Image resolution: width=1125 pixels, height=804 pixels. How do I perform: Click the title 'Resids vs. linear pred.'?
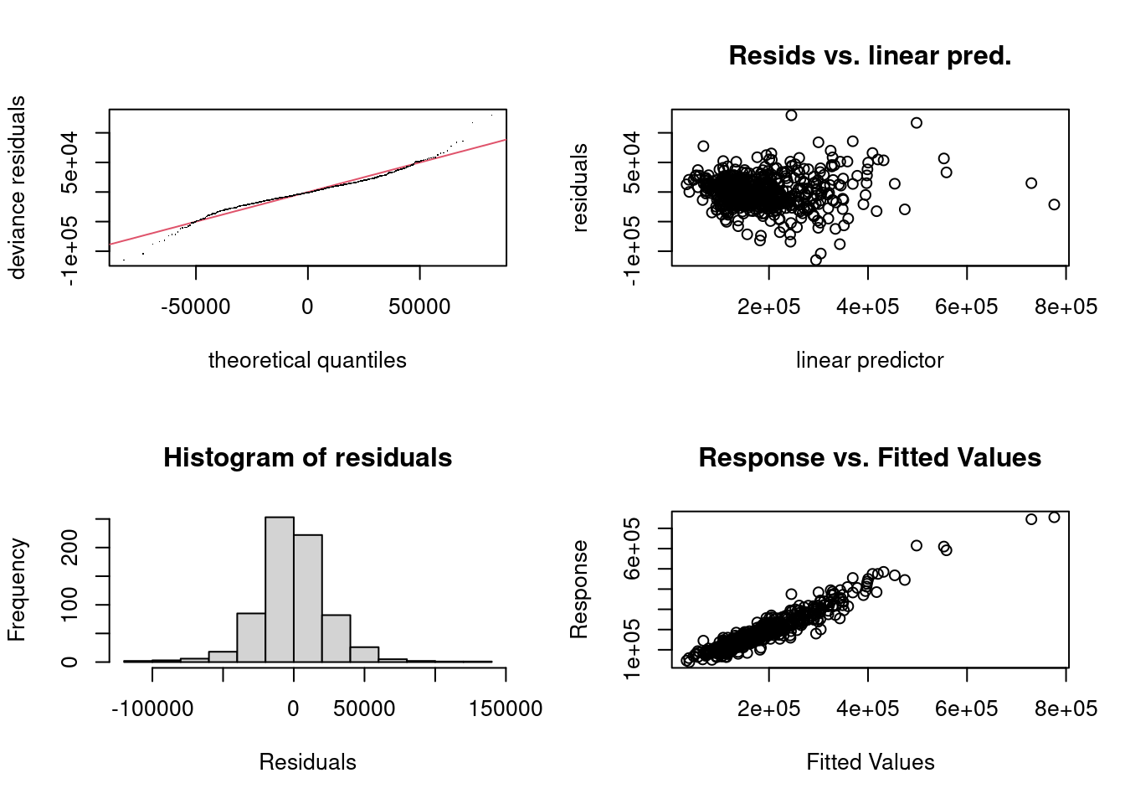(x=870, y=55)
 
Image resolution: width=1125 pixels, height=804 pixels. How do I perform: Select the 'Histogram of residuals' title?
(x=308, y=458)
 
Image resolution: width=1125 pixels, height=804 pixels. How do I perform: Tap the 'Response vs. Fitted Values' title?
(x=870, y=458)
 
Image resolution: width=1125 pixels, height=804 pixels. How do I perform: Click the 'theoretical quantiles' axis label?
(x=307, y=360)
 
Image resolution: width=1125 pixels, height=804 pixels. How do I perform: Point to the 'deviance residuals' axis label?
(x=17, y=188)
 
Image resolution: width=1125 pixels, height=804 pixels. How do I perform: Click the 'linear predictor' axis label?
(x=870, y=360)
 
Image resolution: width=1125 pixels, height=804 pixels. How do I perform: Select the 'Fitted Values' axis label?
(x=871, y=762)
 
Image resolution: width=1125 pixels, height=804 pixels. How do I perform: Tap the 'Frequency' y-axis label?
(x=17, y=590)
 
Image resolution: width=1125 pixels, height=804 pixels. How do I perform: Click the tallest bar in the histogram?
(x=280, y=590)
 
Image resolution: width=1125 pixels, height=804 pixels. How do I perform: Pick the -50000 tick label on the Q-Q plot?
(x=195, y=307)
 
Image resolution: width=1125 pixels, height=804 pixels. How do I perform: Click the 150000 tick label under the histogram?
(x=506, y=709)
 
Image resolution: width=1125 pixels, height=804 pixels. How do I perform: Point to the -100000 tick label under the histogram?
(x=152, y=709)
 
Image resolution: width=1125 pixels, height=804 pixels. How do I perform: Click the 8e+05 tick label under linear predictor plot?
(x=1066, y=307)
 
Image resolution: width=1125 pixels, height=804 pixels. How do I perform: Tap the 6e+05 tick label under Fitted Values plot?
(x=966, y=709)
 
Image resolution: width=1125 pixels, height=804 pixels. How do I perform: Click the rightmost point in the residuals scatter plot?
(x=1054, y=204)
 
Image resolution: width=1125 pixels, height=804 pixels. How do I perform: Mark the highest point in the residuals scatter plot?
(x=791, y=116)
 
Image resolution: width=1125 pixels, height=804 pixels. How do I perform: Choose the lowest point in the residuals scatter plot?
(x=815, y=260)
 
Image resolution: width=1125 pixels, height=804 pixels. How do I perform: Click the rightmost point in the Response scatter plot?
(x=1054, y=518)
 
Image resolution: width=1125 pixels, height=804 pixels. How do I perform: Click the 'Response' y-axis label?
(x=579, y=590)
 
